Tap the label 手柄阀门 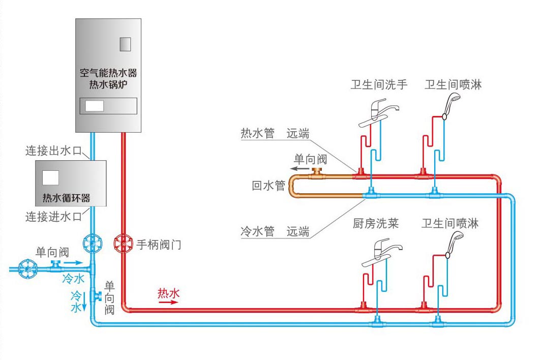(159, 245)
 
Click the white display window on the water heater (95, 106)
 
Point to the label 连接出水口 (53, 151)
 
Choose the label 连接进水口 (53, 217)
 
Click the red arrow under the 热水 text (168, 302)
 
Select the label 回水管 (268, 186)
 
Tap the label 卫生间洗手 (379, 84)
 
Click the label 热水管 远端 (275, 133)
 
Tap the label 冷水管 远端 (275, 232)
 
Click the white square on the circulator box (50, 177)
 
